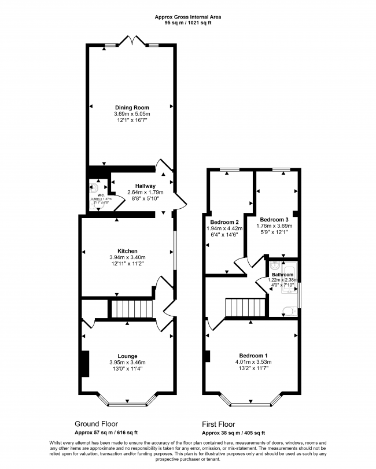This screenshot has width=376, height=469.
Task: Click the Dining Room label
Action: tap(131, 108)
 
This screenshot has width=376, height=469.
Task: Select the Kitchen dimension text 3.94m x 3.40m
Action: tap(127, 257)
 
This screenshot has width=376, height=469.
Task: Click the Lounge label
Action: tap(127, 356)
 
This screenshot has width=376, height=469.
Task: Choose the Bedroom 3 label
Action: tap(274, 220)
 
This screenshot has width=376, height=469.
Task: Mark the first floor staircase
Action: tap(245, 308)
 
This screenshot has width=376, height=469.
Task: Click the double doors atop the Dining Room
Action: tap(132, 41)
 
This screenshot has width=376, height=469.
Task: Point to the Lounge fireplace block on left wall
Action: tap(85, 364)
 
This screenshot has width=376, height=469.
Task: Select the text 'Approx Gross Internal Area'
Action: tap(188, 17)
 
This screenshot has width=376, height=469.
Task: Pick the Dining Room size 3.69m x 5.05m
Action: tap(131, 114)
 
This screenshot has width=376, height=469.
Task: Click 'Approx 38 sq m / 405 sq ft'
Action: tap(233, 433)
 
